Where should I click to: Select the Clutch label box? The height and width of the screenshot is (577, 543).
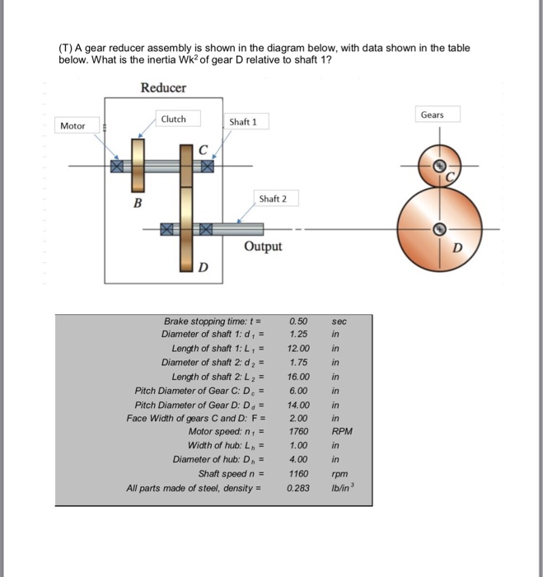[x=174, y=119]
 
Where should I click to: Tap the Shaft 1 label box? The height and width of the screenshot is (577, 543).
[x=243, y=122]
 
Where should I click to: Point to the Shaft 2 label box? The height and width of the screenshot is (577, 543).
[x=273, y=199]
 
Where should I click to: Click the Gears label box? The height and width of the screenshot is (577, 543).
[x=432, y=115]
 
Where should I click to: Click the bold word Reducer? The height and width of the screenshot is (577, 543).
[x=163, y=87]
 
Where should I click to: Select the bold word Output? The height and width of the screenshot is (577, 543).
[x=263, y=246]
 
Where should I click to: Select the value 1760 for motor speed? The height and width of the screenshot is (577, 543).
[x=299, y=431]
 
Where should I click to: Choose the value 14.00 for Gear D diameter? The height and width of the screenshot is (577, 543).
[x=299, y=405]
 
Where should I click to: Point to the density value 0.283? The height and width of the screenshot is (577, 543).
[x=299, y=487]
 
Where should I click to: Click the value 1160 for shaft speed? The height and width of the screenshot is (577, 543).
[x=299, y=473]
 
